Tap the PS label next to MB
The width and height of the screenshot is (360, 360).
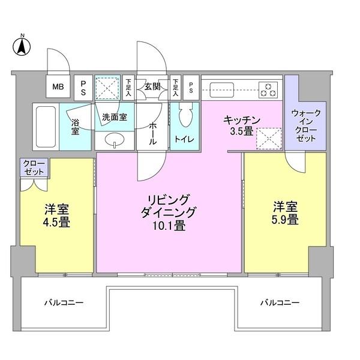coord(83,87)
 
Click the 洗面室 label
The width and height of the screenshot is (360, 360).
coord(113,117)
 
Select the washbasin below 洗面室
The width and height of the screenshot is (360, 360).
coord(113,141)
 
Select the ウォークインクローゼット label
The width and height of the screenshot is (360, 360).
coord(305,125)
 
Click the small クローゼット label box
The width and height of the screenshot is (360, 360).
coord(34,167)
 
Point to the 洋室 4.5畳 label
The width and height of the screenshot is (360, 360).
coord(56,216)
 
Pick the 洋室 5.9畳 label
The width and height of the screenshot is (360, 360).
coord(284,213)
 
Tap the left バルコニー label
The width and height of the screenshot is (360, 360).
coord(63,302)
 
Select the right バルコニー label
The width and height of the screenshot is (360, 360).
coord(279,302)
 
